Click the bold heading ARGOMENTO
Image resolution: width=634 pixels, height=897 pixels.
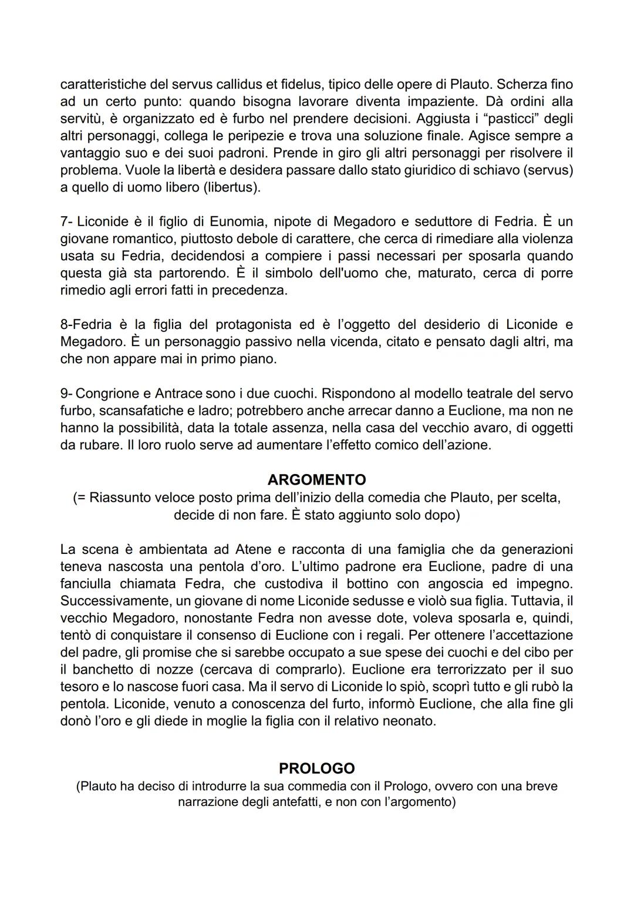[x=316, y=479]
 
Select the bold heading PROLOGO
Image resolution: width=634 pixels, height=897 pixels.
[x=316, y=768]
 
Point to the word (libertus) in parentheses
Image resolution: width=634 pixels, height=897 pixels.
[x=231, y=187]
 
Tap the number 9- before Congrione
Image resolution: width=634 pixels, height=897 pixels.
[x=66, y=393]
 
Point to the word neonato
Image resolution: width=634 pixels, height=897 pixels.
[x=407, y=721]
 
